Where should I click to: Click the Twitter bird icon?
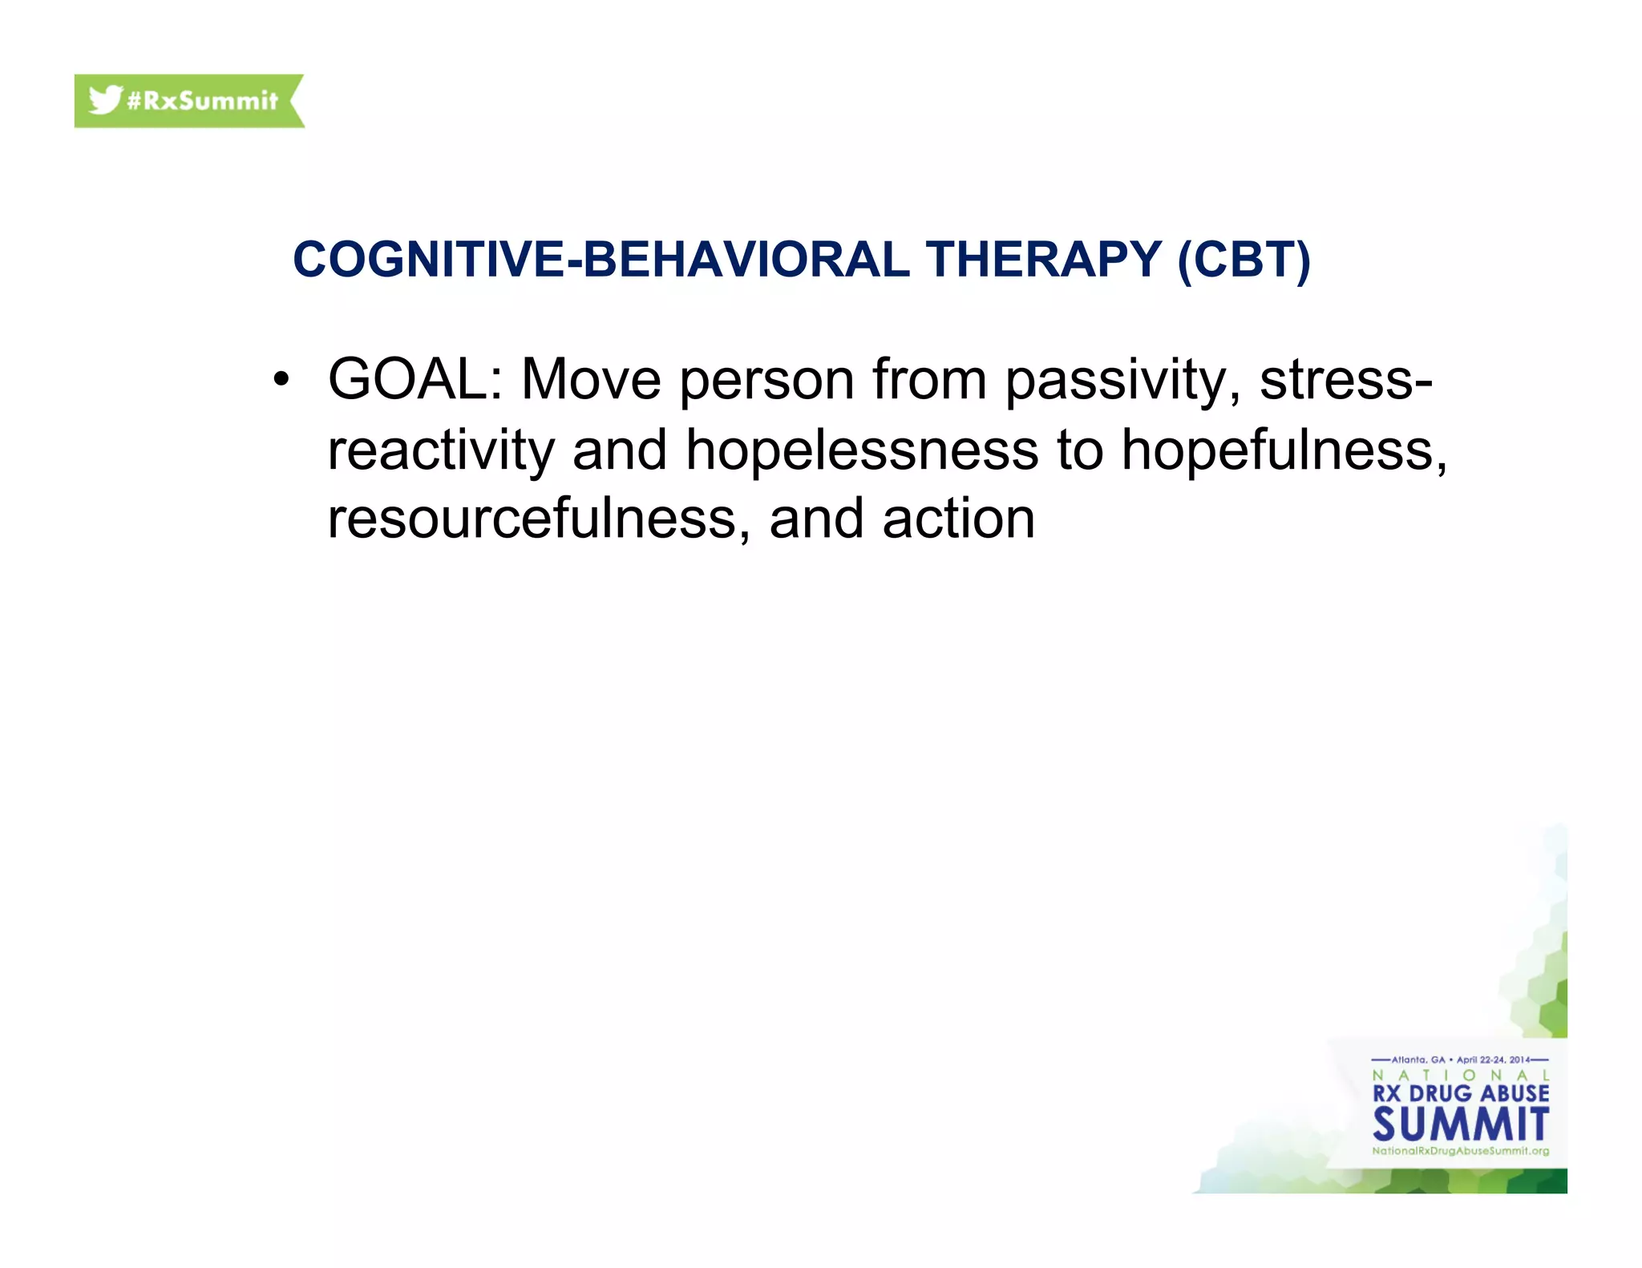104,100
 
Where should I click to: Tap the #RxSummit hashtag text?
202,101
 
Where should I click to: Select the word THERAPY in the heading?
1043,260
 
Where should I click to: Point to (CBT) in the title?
1244,260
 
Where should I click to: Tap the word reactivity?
441,450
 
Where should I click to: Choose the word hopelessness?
862,450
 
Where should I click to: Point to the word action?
958,519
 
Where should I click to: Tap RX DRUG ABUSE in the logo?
1460,1093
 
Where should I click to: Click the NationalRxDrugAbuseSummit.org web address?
1460,1151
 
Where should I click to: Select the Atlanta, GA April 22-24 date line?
1460,1060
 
